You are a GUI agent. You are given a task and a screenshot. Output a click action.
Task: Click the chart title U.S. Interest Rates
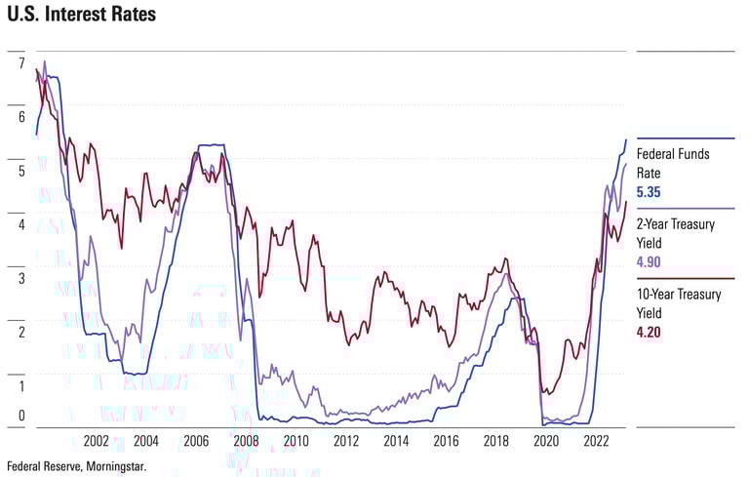(81, 16)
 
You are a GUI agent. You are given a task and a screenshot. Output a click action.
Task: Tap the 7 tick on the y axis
(21, 63)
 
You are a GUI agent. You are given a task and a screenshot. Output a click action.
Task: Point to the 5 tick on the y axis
(21, 171)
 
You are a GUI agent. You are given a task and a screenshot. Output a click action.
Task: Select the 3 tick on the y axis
(21, 278)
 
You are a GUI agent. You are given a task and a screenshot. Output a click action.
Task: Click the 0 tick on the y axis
(21, 417)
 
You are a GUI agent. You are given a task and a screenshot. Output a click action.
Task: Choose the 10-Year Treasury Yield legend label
(678, 303)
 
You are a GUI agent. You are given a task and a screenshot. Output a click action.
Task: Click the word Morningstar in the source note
(112, 467)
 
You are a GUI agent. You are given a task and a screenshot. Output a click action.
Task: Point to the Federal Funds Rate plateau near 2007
(213, 145)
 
